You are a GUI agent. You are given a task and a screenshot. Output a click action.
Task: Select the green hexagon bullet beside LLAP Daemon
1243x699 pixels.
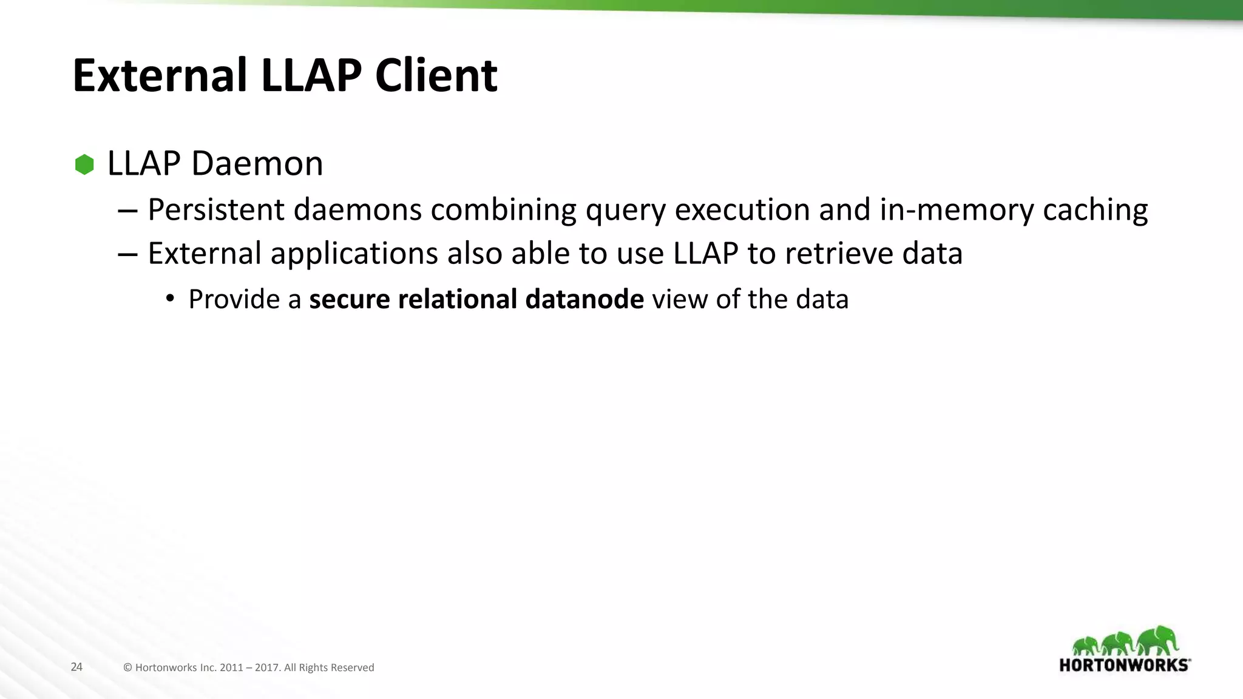point(84,164)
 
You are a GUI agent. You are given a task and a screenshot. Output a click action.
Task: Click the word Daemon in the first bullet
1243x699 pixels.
point(257,164)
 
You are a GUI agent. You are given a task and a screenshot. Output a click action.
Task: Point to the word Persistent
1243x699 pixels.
point(216,210)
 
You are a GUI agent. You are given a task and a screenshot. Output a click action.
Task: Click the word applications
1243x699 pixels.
point(354,254)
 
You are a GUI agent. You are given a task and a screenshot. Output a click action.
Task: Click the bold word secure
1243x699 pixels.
point(349,299)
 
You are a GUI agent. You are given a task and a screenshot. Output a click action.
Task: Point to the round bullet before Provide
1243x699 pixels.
point(171,298)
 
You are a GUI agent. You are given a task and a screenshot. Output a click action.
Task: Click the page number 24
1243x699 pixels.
point(76,667)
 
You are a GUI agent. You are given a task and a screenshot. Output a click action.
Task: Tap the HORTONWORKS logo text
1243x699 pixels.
point(1123,665)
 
